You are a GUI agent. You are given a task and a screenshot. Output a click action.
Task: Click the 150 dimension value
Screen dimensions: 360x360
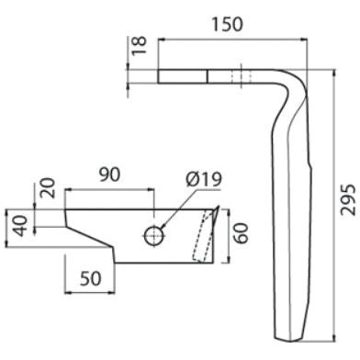point(228,24)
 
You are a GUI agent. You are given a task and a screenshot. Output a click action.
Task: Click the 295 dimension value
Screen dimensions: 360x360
point(349,199)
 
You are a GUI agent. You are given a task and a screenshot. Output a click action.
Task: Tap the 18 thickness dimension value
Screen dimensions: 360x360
point(140,45)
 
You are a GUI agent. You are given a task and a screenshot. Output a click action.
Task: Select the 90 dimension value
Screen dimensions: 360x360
point(110,175)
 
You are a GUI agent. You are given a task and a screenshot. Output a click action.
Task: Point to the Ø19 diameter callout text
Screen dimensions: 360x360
point(204,180)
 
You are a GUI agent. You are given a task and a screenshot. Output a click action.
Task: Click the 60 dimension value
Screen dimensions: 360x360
point(242,233)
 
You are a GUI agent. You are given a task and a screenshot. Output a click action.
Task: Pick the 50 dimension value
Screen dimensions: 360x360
point(91,278)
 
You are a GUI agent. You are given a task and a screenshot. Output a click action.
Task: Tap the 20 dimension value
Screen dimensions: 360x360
point(49,187)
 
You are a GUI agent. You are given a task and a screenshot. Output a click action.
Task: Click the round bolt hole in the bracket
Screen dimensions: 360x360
point(154,236)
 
